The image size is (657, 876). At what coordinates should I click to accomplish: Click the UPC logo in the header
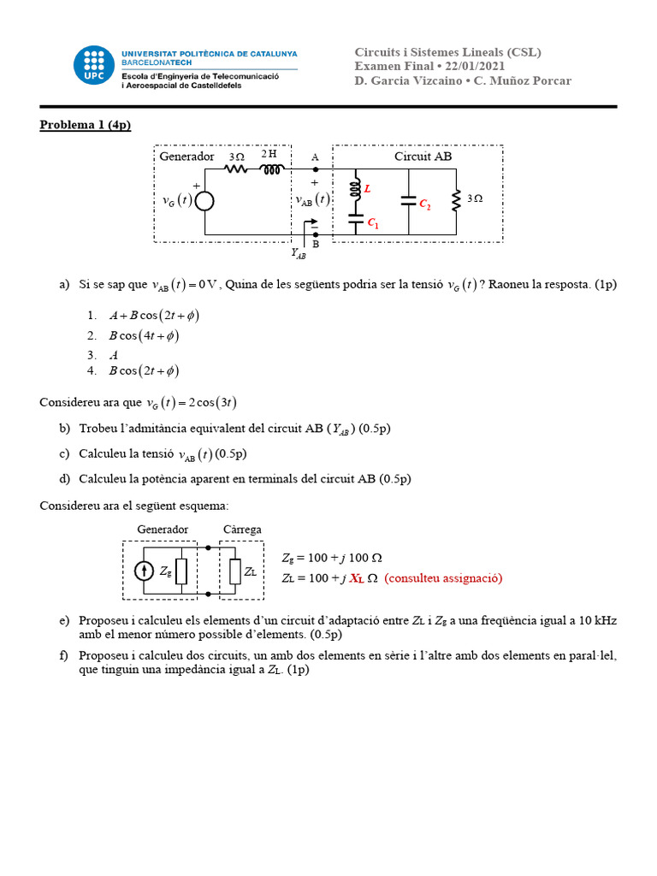click(x=93, y=67)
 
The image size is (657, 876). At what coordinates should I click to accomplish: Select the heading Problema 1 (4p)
click(x=86, y=125)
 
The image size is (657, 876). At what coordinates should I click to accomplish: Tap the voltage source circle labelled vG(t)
click(x=204, y=200)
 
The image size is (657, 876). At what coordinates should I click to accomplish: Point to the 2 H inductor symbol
click(x=271, y=169)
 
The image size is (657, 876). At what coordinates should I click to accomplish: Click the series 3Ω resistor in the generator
click(x=236, y=169)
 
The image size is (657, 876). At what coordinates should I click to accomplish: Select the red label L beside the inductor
click(x=368, y=186)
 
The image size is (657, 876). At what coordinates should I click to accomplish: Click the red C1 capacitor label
click(x=373, y=223)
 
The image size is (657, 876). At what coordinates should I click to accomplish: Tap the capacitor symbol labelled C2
click(x=409, y=202)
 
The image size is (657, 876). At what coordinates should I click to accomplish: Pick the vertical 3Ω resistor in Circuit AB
click(x=456, y=199)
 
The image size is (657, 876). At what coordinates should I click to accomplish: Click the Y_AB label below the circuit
click(x=299, y=253)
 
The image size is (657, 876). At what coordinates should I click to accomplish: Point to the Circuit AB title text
click(x=423, y=157)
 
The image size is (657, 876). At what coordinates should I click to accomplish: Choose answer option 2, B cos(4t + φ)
click(x=144, y=335)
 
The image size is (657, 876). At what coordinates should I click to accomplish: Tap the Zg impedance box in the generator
click(x=181, y=571)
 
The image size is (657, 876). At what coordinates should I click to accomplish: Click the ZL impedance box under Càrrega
click(x=235, y=571)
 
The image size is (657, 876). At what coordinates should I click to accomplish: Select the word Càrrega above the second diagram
click(x=242, y=530)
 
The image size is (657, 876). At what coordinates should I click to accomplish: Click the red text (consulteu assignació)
click(x=443, y=578)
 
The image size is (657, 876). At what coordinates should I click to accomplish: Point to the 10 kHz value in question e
click(x=595, y=619)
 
